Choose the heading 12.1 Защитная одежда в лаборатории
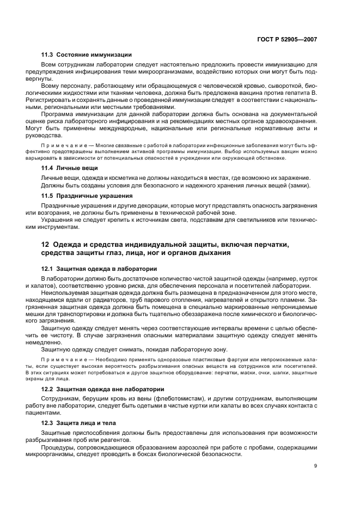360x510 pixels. pyautogui.click(x=100, y=269)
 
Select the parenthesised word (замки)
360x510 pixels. pyautogui.click(x=298, y=186)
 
